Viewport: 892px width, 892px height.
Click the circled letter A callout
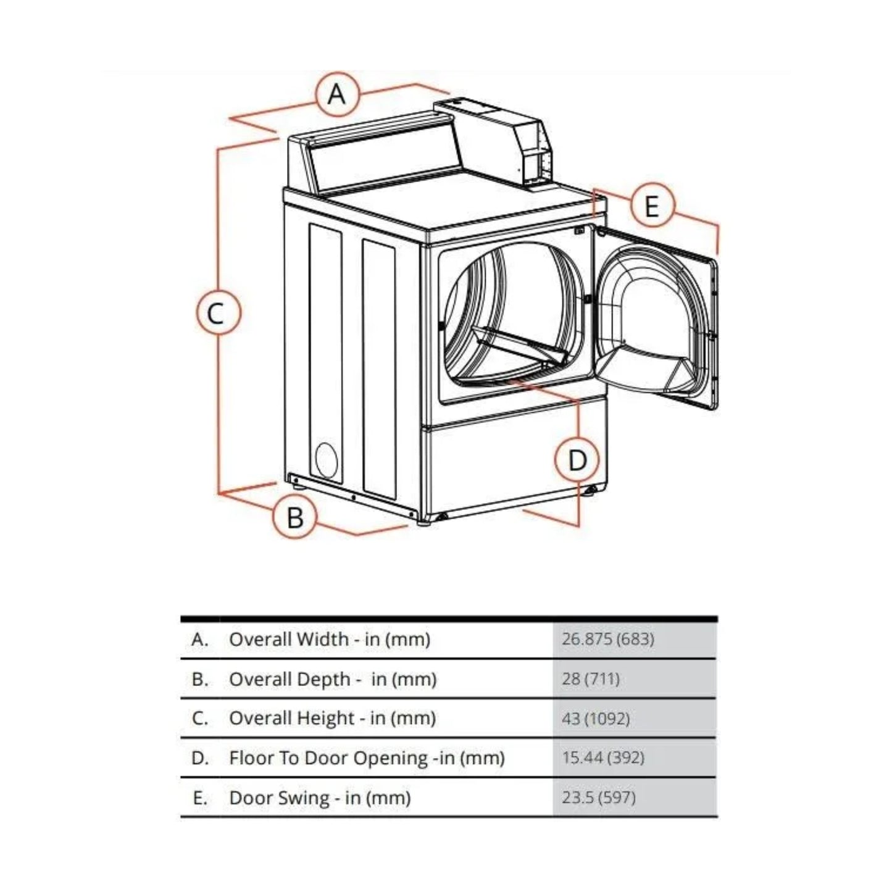[336, 94]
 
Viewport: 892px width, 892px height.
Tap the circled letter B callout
[295, 516]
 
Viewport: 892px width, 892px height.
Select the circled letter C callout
[215, 313]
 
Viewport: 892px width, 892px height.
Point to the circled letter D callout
[577, 460]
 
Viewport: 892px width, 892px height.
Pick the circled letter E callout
[652, 205]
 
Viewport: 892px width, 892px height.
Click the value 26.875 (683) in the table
[607, 639]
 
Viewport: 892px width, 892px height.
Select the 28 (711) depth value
[590, 679]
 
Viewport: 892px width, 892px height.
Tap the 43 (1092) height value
[596, 719]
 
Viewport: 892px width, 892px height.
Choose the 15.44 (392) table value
[602, 757]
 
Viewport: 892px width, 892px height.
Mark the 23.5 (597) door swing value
[598, 797]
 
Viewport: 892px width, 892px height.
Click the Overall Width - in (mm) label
[329, 639]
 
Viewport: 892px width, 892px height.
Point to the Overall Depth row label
[332, 679]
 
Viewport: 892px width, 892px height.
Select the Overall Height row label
[332, 719]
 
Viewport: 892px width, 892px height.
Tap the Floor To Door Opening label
[367, 757]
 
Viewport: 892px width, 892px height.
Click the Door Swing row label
[319, 798]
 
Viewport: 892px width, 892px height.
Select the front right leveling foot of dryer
[591, 491]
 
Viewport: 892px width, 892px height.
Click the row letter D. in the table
[200, 758]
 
